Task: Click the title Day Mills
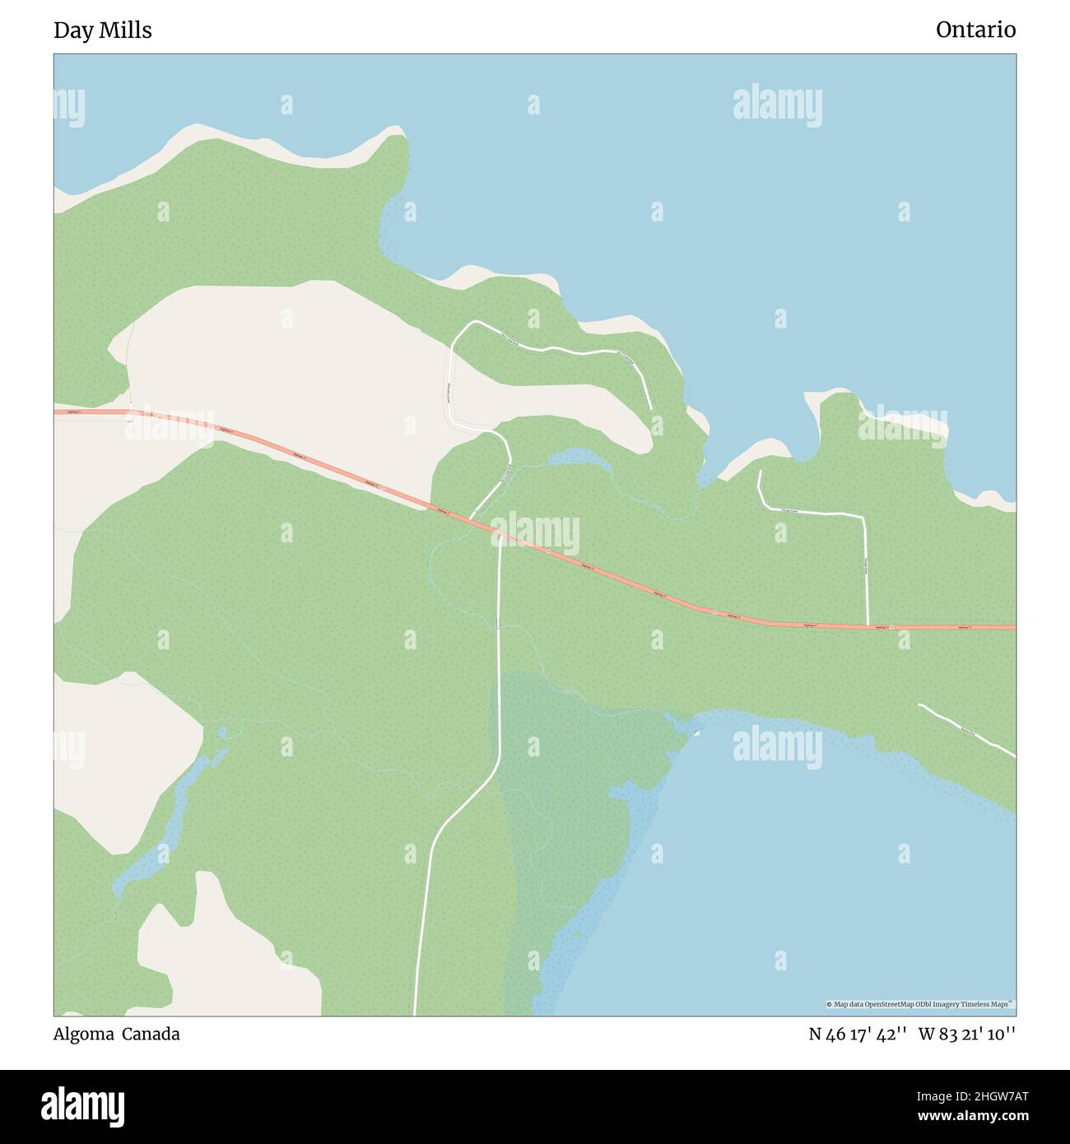pos(103,30)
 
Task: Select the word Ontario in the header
pos(975,30)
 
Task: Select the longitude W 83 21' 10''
pos(967,1035)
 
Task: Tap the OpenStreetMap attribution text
pos(920,1004)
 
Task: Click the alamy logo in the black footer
pos(83,1106)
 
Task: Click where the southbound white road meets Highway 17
pos(500,536)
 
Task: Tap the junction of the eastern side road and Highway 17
pos(868,626)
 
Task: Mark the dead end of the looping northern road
pos(651,409)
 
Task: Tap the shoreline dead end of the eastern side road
pos(759,472)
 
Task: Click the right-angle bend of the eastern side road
pos(863,518)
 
